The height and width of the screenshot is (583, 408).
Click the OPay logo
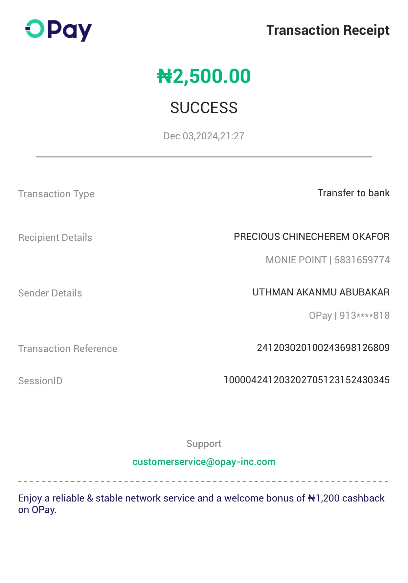58,30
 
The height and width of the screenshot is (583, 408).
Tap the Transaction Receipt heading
328,30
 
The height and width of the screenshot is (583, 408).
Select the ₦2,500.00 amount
204,76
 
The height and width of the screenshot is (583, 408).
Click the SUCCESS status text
204,108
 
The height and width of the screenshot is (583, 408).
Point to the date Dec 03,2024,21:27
204,136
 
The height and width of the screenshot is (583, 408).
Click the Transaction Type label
56,194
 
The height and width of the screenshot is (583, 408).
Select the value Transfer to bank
353,193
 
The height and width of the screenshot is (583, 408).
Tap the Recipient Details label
55,238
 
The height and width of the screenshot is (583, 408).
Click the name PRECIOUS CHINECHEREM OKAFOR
311,237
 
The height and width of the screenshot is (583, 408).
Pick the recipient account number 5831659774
362,260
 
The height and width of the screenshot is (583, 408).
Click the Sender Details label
50,293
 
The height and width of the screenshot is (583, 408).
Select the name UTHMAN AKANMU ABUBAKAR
321,292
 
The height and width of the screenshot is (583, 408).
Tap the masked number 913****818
364,315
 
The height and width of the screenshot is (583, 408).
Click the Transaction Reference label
68,349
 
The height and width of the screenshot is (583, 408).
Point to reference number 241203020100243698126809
323,348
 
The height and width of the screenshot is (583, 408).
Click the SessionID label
40,381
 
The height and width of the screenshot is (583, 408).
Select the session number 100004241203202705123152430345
306,380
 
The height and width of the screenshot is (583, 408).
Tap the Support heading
204,444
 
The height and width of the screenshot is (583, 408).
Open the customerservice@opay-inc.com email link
204,462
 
